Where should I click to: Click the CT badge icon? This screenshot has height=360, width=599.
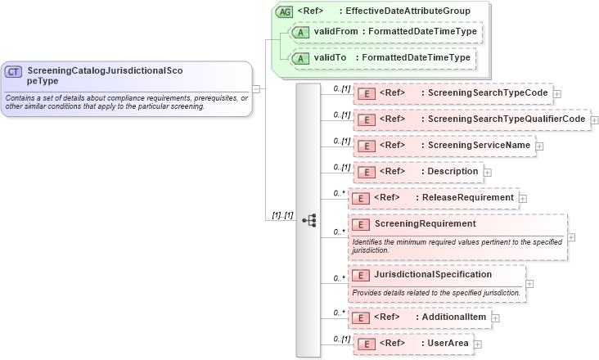pyautogui.click(x=14, y=72)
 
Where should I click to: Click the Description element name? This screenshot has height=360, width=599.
pyautogui.click(x=453, y=172)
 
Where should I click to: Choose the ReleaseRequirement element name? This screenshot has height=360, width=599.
pyautogui.click(x=466, y=197)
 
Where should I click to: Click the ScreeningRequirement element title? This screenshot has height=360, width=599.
pyautogui.click(x=425, y=223)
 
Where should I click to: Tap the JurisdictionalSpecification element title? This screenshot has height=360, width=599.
pyautogui.click(x=433, y=274)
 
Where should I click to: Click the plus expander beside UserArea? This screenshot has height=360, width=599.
pyautogui.click(x=478, y=344)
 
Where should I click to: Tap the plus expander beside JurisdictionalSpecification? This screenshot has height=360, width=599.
pyautogui.click(x=530, y=284)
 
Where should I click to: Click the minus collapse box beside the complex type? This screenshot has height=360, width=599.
pyautogui.click(x=256, y=88)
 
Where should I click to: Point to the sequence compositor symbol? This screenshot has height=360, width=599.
pyautogui.click(x=309, y=220)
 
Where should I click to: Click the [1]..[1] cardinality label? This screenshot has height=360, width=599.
pyautogui.click(x=279, y=215)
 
